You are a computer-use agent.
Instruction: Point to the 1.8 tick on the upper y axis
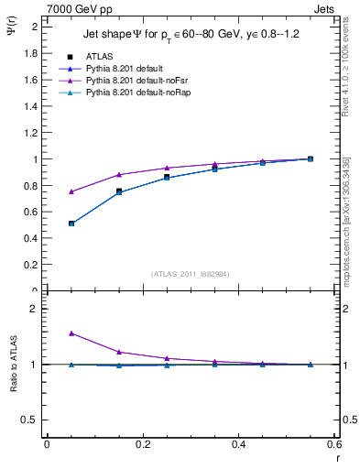32,53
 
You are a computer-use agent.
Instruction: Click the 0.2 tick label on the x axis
142,444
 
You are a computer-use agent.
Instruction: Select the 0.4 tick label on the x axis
238,444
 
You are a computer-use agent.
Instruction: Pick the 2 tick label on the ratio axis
34,310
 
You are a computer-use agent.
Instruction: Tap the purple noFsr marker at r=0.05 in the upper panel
46,191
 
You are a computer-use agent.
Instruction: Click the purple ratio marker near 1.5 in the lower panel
46,333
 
